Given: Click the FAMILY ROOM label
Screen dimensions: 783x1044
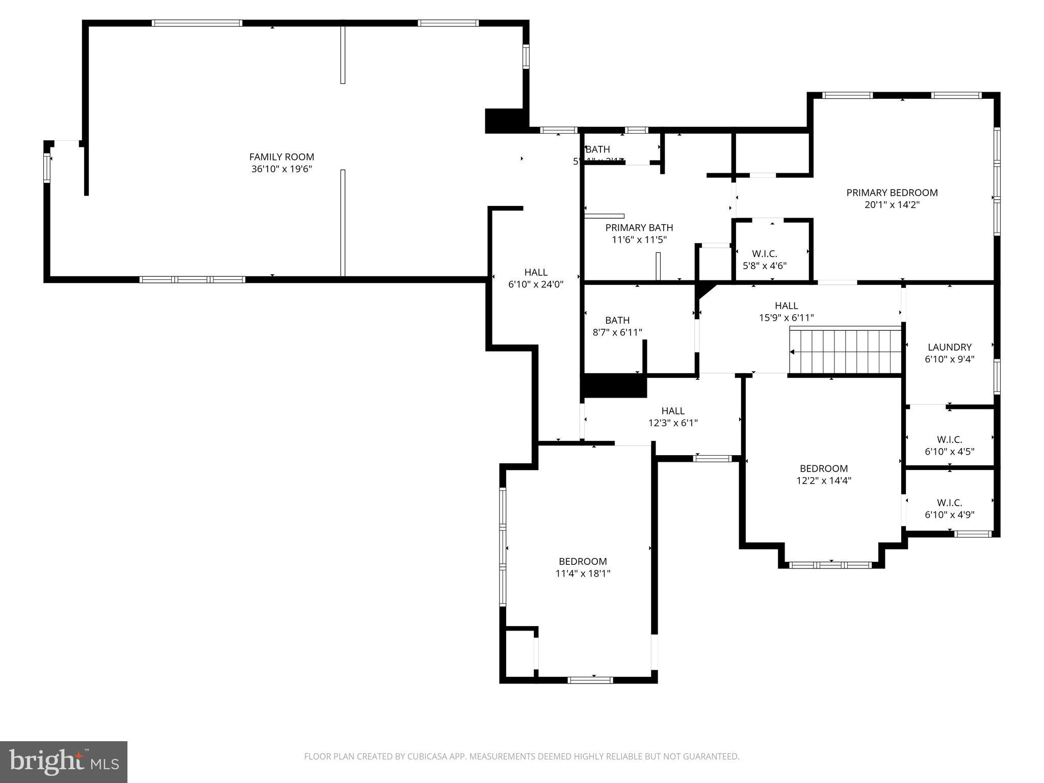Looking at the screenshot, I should pyautogui.click(x=281, y=157).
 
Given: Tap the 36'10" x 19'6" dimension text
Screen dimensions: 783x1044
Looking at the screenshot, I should pyautogui.click(x=281, y=169).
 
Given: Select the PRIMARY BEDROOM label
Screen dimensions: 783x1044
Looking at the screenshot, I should pyautogui.click(x=892, y=193).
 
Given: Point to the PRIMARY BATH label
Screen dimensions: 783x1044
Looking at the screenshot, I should pyautogui.click(x=639, y=228).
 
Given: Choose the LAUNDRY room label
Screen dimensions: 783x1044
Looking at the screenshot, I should pyautogui.click(x=950, y=347).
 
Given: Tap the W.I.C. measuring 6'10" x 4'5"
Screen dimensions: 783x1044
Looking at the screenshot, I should pyautogui.click(x=950, y=445).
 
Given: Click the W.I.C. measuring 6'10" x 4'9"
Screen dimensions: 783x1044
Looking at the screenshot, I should pyautogui.click(x=950, y=508).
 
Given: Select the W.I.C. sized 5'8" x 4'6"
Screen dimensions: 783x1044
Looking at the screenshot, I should pyautogui.click(x=765, y=259).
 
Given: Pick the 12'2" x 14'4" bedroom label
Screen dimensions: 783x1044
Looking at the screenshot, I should pyautogui.click(x=824, y=474).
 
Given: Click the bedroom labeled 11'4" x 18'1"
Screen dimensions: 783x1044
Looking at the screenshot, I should pyautogui.click(x=583, y=567).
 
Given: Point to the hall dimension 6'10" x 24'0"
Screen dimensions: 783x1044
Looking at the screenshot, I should pyautogui.click(x=536, y=284).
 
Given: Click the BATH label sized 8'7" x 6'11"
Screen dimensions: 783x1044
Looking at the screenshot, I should pyautogui.click(x=617, y=326).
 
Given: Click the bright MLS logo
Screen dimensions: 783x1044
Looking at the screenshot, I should pyautogui.click(x=64, y=762).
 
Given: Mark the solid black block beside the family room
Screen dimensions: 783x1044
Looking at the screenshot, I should pyautogui.click(x=504, y=121).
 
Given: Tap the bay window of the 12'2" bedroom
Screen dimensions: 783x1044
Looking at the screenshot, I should pyautogui.click(x=830, y=565).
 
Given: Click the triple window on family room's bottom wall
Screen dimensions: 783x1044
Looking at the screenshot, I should pyautogui.click(x=192, y=279).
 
